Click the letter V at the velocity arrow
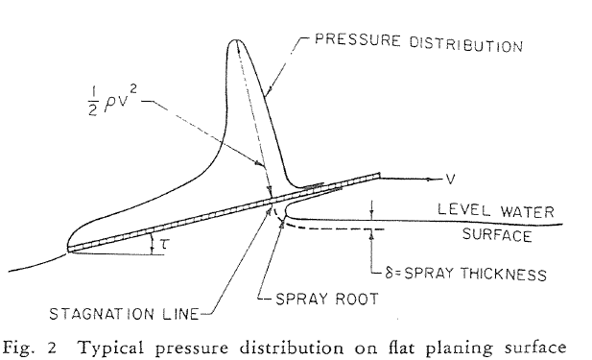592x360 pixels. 449,179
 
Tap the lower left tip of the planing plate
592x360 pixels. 69,251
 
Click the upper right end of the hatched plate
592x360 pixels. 380,175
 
